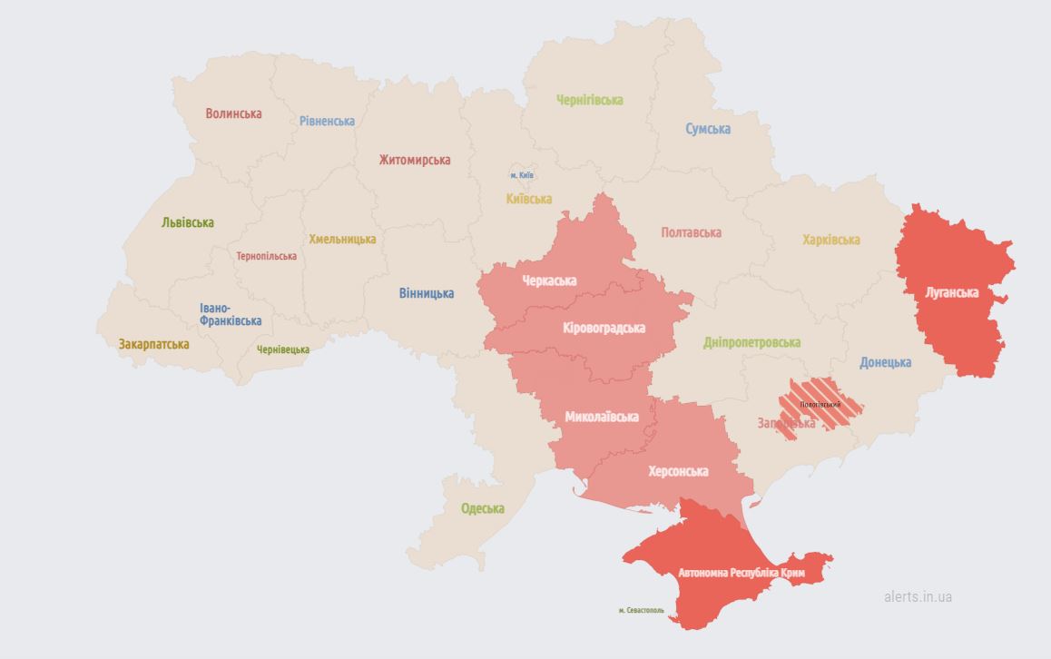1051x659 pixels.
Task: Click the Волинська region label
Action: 233,113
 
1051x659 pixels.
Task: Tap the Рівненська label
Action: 327,121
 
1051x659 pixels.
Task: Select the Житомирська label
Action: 415,160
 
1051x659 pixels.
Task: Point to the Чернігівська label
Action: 590,100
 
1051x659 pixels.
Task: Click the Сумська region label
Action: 708,129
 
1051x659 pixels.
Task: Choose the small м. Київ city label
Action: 521,174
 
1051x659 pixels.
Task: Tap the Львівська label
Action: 188,222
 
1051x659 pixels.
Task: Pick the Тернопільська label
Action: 266,256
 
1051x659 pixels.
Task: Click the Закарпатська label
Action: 153,344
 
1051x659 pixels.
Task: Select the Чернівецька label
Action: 282,349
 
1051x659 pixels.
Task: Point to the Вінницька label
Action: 427,293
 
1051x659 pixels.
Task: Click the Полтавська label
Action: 691,232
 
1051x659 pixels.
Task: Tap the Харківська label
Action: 830,240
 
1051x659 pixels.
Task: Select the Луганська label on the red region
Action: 951,292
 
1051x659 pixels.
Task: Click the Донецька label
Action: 885,362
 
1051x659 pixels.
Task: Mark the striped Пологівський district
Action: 820,404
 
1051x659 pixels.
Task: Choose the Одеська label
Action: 482,508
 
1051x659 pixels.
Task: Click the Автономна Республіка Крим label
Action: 742,573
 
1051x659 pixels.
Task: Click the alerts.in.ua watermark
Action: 918,596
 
